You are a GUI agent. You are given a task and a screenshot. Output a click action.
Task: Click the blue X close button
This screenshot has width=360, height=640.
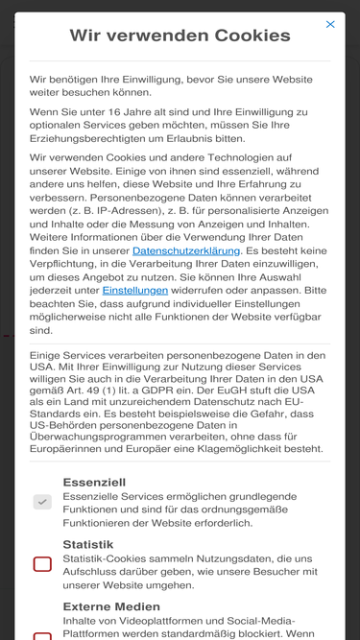pos(330,24)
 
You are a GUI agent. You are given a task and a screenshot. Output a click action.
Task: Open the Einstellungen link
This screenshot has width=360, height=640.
pos(135,289)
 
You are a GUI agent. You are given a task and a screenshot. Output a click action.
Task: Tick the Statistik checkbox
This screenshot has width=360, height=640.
pos(42,563)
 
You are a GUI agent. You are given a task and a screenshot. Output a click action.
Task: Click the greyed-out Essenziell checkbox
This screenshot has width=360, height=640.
pos(42,502)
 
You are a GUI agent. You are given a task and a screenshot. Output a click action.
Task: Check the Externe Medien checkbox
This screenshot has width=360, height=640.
pos(42,635)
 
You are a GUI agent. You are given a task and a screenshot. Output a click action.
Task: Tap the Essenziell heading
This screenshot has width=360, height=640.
pos(94,482)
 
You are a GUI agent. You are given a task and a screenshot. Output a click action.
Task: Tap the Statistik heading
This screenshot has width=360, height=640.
pos(88,543)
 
